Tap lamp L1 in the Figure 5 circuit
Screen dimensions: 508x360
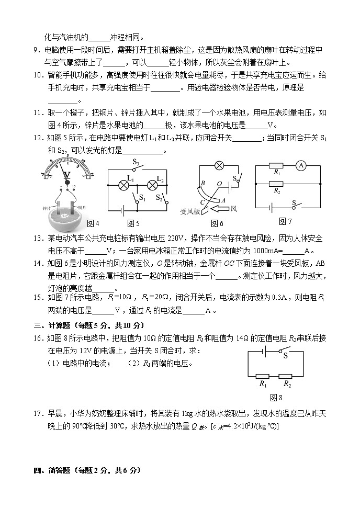(x=125, y=185)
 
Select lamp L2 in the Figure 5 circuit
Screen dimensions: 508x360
(x=153, y=185)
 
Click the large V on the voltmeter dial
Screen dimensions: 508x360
(x=66, y=176)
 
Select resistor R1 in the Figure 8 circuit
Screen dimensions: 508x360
(x=263, y=376)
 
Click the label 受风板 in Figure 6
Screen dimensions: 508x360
(x=190, y=211)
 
